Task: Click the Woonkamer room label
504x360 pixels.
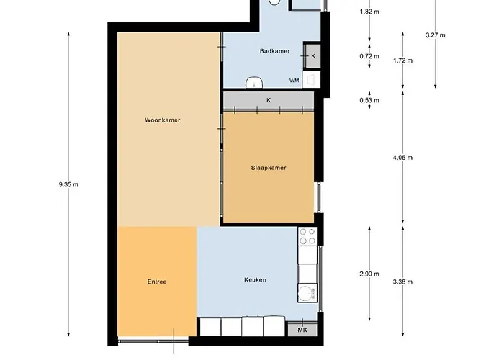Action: tap(162, 120)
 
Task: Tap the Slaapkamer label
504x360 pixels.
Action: tap(269, 168)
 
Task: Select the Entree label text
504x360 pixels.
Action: tap(156, 282)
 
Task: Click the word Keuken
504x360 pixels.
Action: tap(256, 279)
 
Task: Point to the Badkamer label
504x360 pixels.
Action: tap(274, 51)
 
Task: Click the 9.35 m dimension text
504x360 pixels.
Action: tap(68, 184)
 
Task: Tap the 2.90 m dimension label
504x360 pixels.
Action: tap(369, 274)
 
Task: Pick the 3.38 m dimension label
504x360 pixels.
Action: tap(403, 274)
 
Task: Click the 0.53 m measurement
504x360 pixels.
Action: tap(369, 100)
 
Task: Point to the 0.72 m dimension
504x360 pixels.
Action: tap(369, 55)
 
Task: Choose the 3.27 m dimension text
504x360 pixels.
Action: tap(436, 35)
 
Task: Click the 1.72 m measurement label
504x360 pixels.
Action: tap(403, 60)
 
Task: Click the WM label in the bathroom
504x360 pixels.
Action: tap(294, 81)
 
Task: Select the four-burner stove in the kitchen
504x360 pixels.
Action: tap(307, 237)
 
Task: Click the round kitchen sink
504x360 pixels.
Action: tap(307, 292)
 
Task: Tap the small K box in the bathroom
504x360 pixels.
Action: tap(313, 55)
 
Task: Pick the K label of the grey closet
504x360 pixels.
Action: tap(269, 99)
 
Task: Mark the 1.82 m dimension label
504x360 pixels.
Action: tap(369, 12)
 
